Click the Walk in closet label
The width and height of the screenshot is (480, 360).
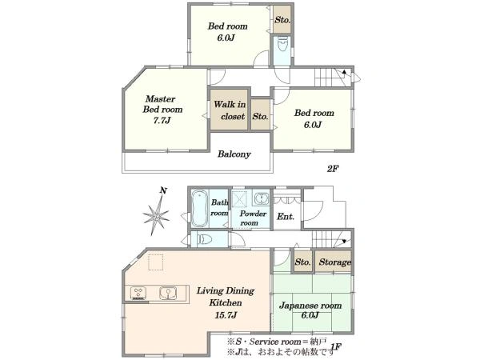pyautogui.click(x=230, y=110)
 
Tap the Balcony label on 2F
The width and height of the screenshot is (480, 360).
pyautogui.click(x=234, y=154)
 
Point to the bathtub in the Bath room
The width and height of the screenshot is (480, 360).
pyautogui.click(x=199, y=209)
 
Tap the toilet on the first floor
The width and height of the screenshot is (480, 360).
pyautogui.click(x=203, y=238)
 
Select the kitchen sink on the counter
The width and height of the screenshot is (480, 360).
pyautogui.click(x=168, y=293)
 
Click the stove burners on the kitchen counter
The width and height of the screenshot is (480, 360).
pyautogui.click(x=138, y=293)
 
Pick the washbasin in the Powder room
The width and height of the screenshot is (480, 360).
pyautogui.click(x=261, y=198)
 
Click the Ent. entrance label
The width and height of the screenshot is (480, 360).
pyautogui.click(x=286, y=217)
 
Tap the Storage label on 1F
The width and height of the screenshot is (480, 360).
pyautogui.click(x=335, y=262)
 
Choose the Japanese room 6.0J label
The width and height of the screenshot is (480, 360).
pyautogui.click(x=310, y=310)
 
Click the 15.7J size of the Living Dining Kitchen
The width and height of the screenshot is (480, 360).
pyautogui.click(x=226, y=314)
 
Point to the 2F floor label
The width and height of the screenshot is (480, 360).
pyautogui.click(x=332, y=168)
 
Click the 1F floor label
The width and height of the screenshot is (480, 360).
pyautogui.click(x=336, y=347)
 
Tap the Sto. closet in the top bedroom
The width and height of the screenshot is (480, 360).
pyautogui.click(x=282, y=20)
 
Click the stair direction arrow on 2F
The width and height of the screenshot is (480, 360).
pyautogui.click(x=344, y=72)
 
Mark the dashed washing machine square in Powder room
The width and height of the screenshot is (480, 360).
pyautogui.click(x=240, y=199)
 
